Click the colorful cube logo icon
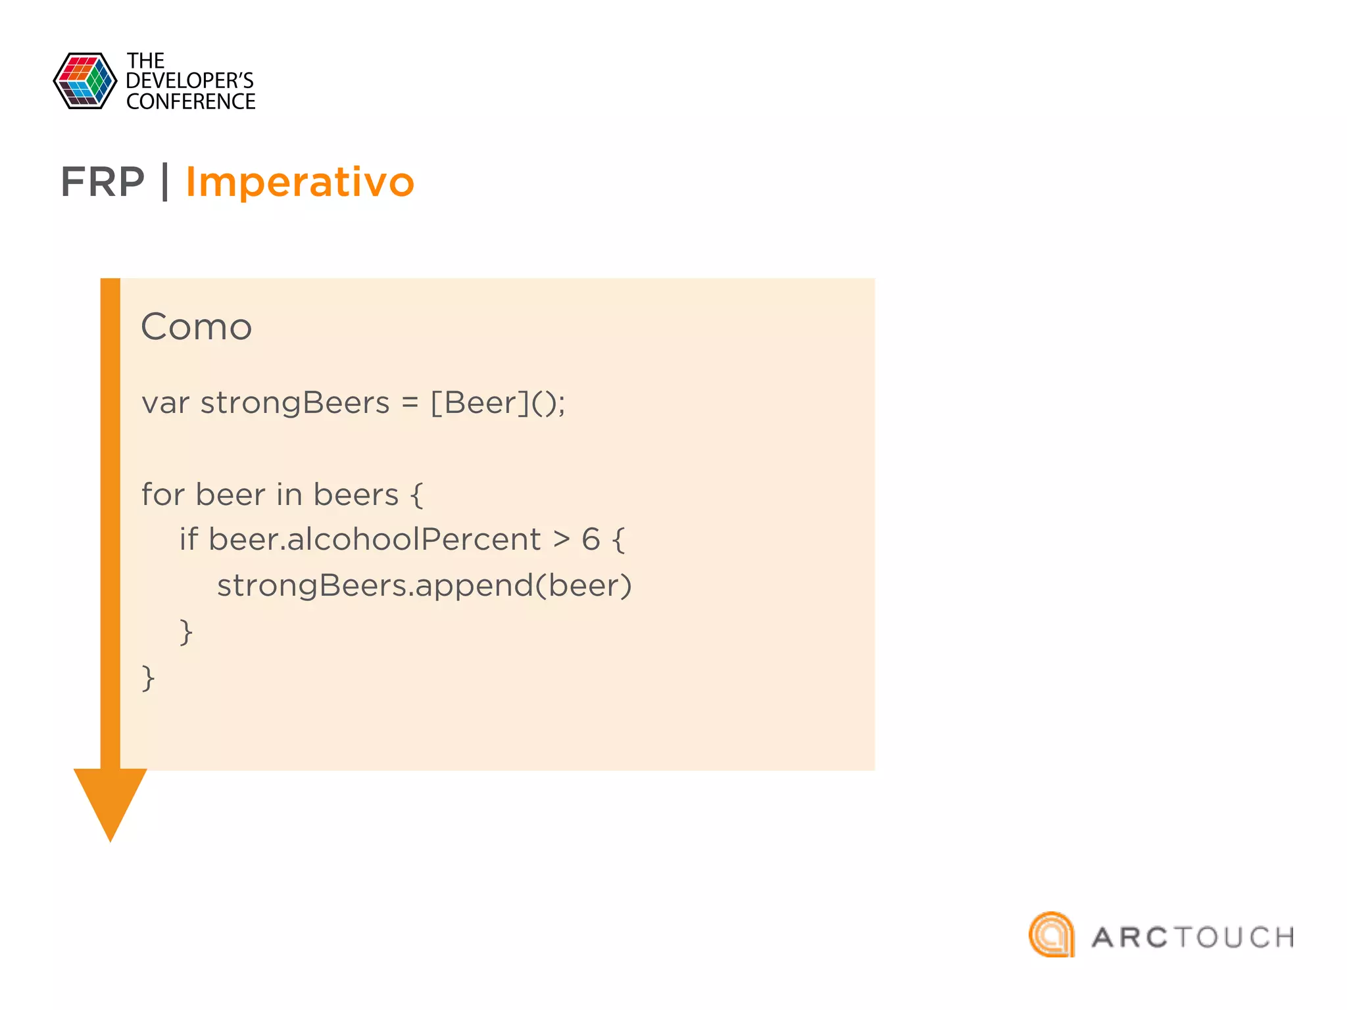[85, 81]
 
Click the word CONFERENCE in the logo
[191, 102]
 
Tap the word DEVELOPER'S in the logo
[189, 81]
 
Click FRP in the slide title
[103, 182]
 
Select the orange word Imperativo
[300, 182]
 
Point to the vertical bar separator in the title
[165, 182]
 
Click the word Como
[196, 327]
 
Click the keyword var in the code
[165, 403]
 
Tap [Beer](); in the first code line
[497, 403]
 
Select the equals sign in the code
[410, 403]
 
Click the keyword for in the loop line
[162, 494]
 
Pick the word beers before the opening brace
[356, 494]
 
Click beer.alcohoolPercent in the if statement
[374, 540]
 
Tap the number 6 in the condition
[591, 540]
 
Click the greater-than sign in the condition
[561, 540]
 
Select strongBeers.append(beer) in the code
[424, 586]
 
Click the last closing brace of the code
[148, 678]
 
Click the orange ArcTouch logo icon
[1052, 934]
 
